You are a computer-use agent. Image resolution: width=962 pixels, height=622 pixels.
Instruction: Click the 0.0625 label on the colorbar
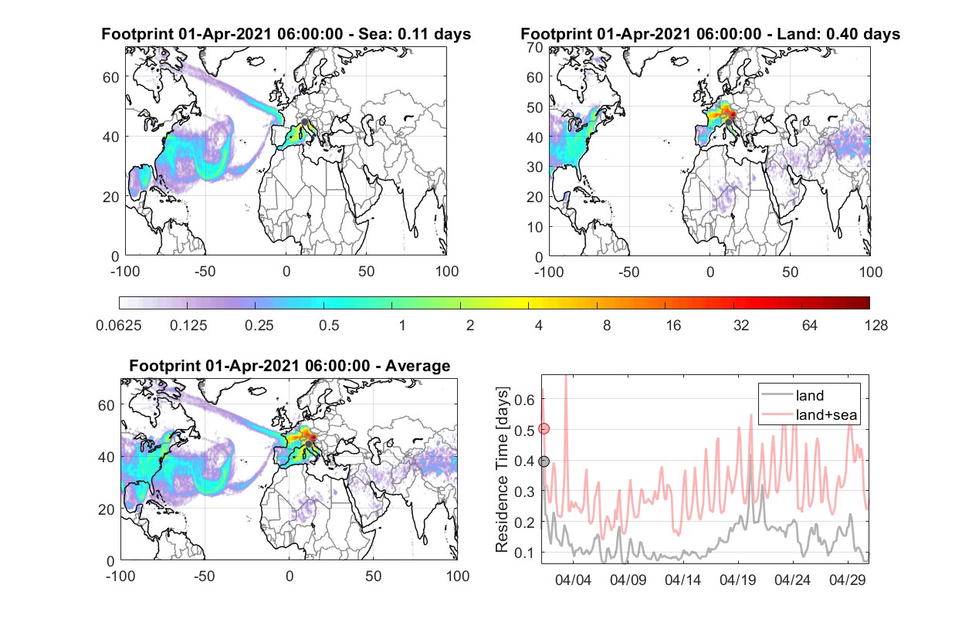pos(119,326)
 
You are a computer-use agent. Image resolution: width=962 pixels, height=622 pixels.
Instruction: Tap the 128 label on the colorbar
pos(876,326)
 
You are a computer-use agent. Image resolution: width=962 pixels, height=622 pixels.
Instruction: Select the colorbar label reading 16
pos(673,326)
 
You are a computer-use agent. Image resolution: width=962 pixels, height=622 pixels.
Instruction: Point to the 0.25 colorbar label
pos(259,326)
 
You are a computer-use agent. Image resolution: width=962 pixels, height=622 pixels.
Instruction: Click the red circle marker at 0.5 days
pos(544,429)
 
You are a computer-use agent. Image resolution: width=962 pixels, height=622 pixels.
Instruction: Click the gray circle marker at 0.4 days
pos(544,461)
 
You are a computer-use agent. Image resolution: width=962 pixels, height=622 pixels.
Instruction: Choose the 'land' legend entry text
pos(810,395)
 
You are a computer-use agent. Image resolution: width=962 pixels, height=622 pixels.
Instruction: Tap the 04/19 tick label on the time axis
pos(737,580)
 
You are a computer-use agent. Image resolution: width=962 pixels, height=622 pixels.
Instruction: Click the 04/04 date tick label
pos(573,580)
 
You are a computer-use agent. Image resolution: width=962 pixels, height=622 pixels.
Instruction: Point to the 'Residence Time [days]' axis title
pos(502,469)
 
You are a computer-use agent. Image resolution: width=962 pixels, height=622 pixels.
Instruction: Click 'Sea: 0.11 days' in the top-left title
pos(415,34)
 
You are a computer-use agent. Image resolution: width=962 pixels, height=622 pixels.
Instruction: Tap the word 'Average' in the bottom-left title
pos(418,366)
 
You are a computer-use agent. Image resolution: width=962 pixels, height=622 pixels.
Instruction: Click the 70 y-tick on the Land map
pos(535,47)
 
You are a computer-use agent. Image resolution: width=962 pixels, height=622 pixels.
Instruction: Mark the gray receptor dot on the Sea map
pos(304,122)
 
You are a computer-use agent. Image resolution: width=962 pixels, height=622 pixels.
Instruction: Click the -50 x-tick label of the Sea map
pos(205,272)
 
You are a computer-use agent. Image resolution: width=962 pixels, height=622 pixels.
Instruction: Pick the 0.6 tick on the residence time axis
pos(524,400)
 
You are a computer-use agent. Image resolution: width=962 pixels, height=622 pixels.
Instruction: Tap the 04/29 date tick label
pos(847,580)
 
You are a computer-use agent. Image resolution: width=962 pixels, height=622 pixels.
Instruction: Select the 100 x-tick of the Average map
pos(457,576)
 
